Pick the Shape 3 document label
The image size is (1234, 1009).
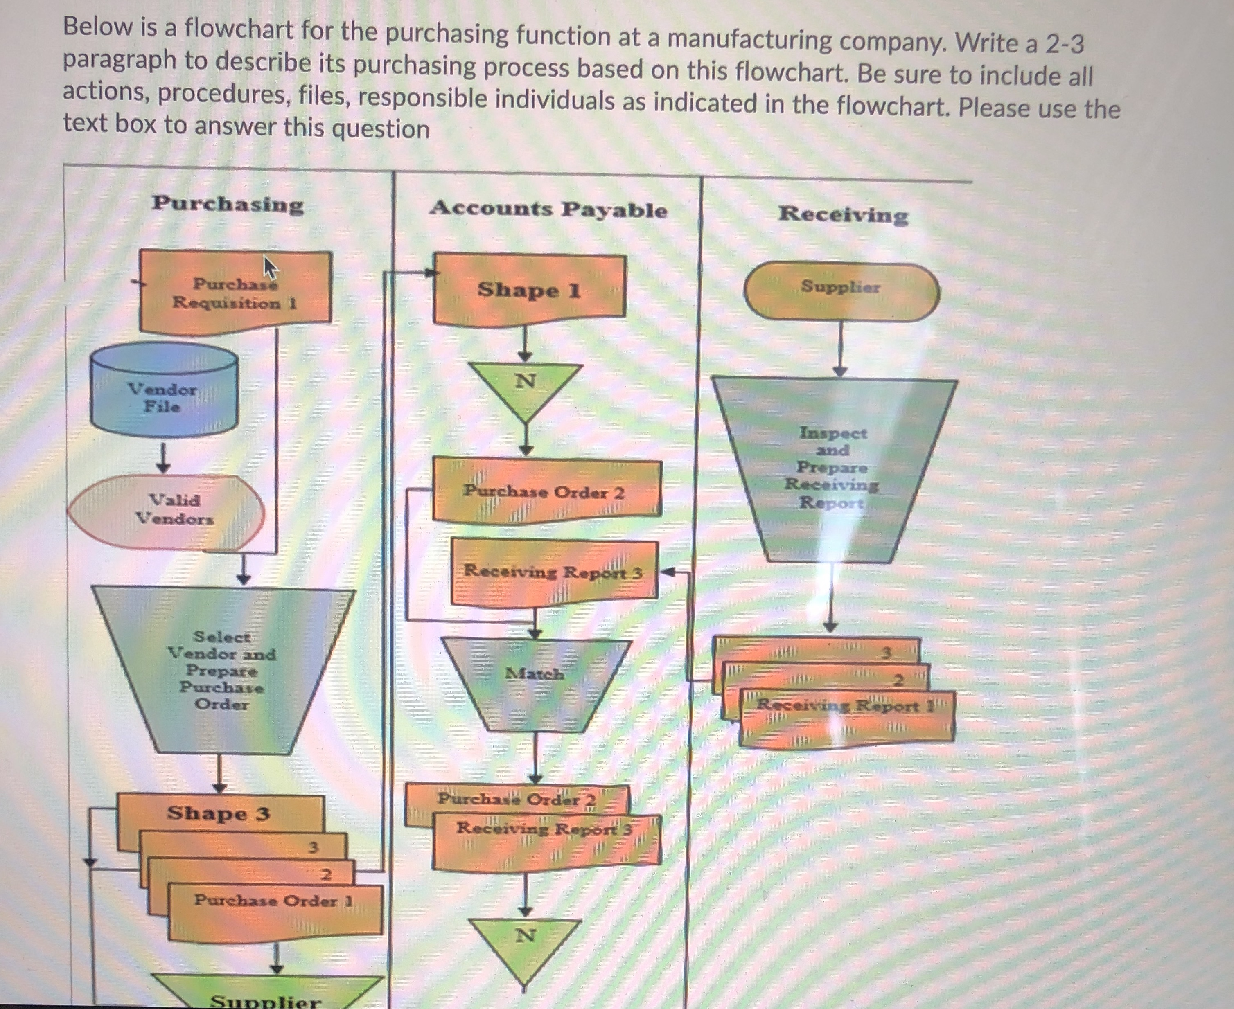click(x=219, y=813)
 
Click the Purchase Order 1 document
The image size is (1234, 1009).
click(x=274, y=907)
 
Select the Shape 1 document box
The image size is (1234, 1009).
click(x=529, y=289)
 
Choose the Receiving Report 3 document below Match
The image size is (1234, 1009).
click(x=545, y=837)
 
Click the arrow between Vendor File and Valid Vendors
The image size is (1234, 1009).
click(x=164, y=458)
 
